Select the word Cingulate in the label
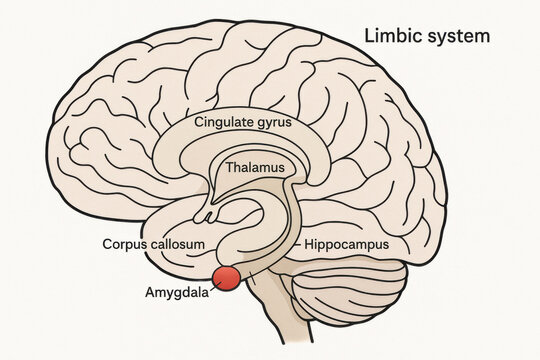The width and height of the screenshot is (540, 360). point(229,123)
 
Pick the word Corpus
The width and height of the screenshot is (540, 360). point(125,243)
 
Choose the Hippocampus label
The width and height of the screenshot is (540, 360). point(346,243)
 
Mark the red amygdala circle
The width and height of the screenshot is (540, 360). point(228,278)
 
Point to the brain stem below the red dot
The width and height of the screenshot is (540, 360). point(270,320)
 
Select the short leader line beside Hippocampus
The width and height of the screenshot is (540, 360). point(296,243)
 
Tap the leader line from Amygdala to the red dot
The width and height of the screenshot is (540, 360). point(214,287)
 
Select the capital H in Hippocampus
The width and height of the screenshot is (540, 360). point(309,243)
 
